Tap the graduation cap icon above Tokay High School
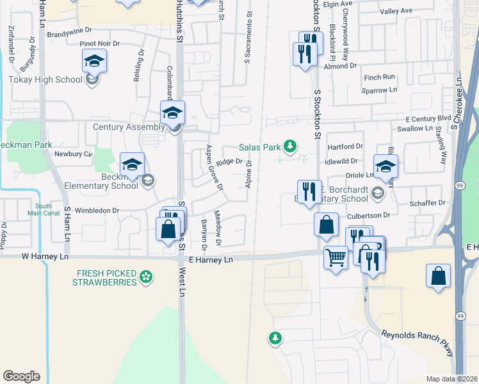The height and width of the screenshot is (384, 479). pos(94,61)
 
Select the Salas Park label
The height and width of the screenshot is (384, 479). pos(261,147)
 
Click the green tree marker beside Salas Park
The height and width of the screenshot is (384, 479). pos(291,147)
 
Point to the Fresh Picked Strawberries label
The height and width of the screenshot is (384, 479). pos(104,277)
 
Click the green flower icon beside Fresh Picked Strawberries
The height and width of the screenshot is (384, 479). pos(147,277)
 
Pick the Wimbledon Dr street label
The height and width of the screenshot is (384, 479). pos(97,210)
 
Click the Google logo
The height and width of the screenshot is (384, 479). pos(21,376)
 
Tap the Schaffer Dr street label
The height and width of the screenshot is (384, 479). pos(428,202)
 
